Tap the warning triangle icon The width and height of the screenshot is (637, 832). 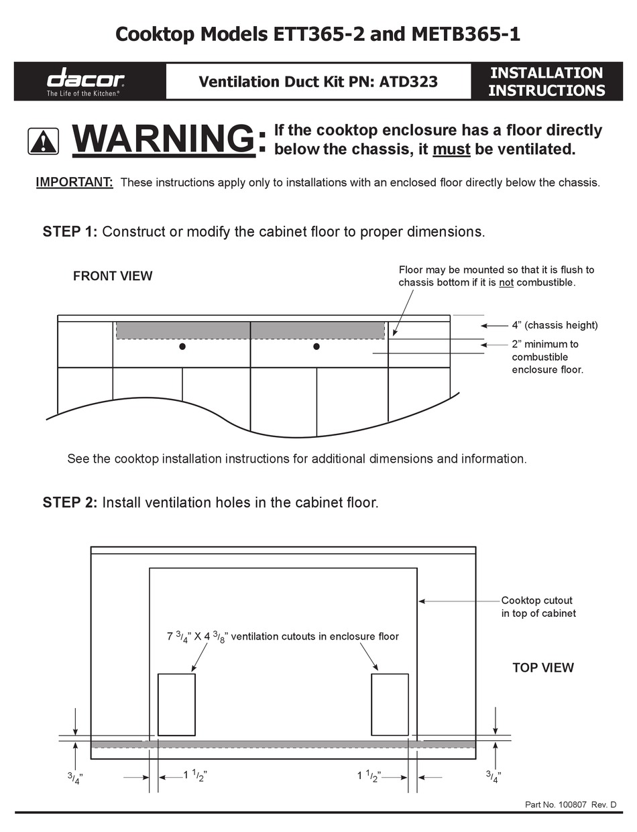tap(43, 141)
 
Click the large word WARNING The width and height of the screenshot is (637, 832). tap(164, 139)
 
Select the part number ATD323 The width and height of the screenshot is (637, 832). tap(408, 82)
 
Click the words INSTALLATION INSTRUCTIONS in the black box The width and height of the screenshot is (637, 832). tap(546, 81)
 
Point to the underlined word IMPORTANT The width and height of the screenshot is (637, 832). tap(74, 182)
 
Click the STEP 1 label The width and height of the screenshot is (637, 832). tap(70, 232)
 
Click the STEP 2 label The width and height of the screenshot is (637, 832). tap(70, 503)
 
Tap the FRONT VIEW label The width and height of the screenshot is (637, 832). tap(113, 276)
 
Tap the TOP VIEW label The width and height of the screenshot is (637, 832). tap(543, 668)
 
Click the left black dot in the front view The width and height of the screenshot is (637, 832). tap(182, 347)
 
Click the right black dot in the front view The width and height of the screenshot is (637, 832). tap(316, 347)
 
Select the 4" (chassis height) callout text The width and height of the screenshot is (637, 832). tap(555, 325)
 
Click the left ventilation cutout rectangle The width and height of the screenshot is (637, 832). tap(176, 704)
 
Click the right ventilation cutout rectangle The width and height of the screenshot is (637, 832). tap(390, 704)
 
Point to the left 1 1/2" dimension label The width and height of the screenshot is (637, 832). tap(195, 776)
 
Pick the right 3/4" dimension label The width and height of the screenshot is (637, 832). tap(493, 776)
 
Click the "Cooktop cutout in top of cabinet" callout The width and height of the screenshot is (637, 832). tap(538, 607)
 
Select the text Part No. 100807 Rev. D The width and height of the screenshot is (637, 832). tap(570, 805)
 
